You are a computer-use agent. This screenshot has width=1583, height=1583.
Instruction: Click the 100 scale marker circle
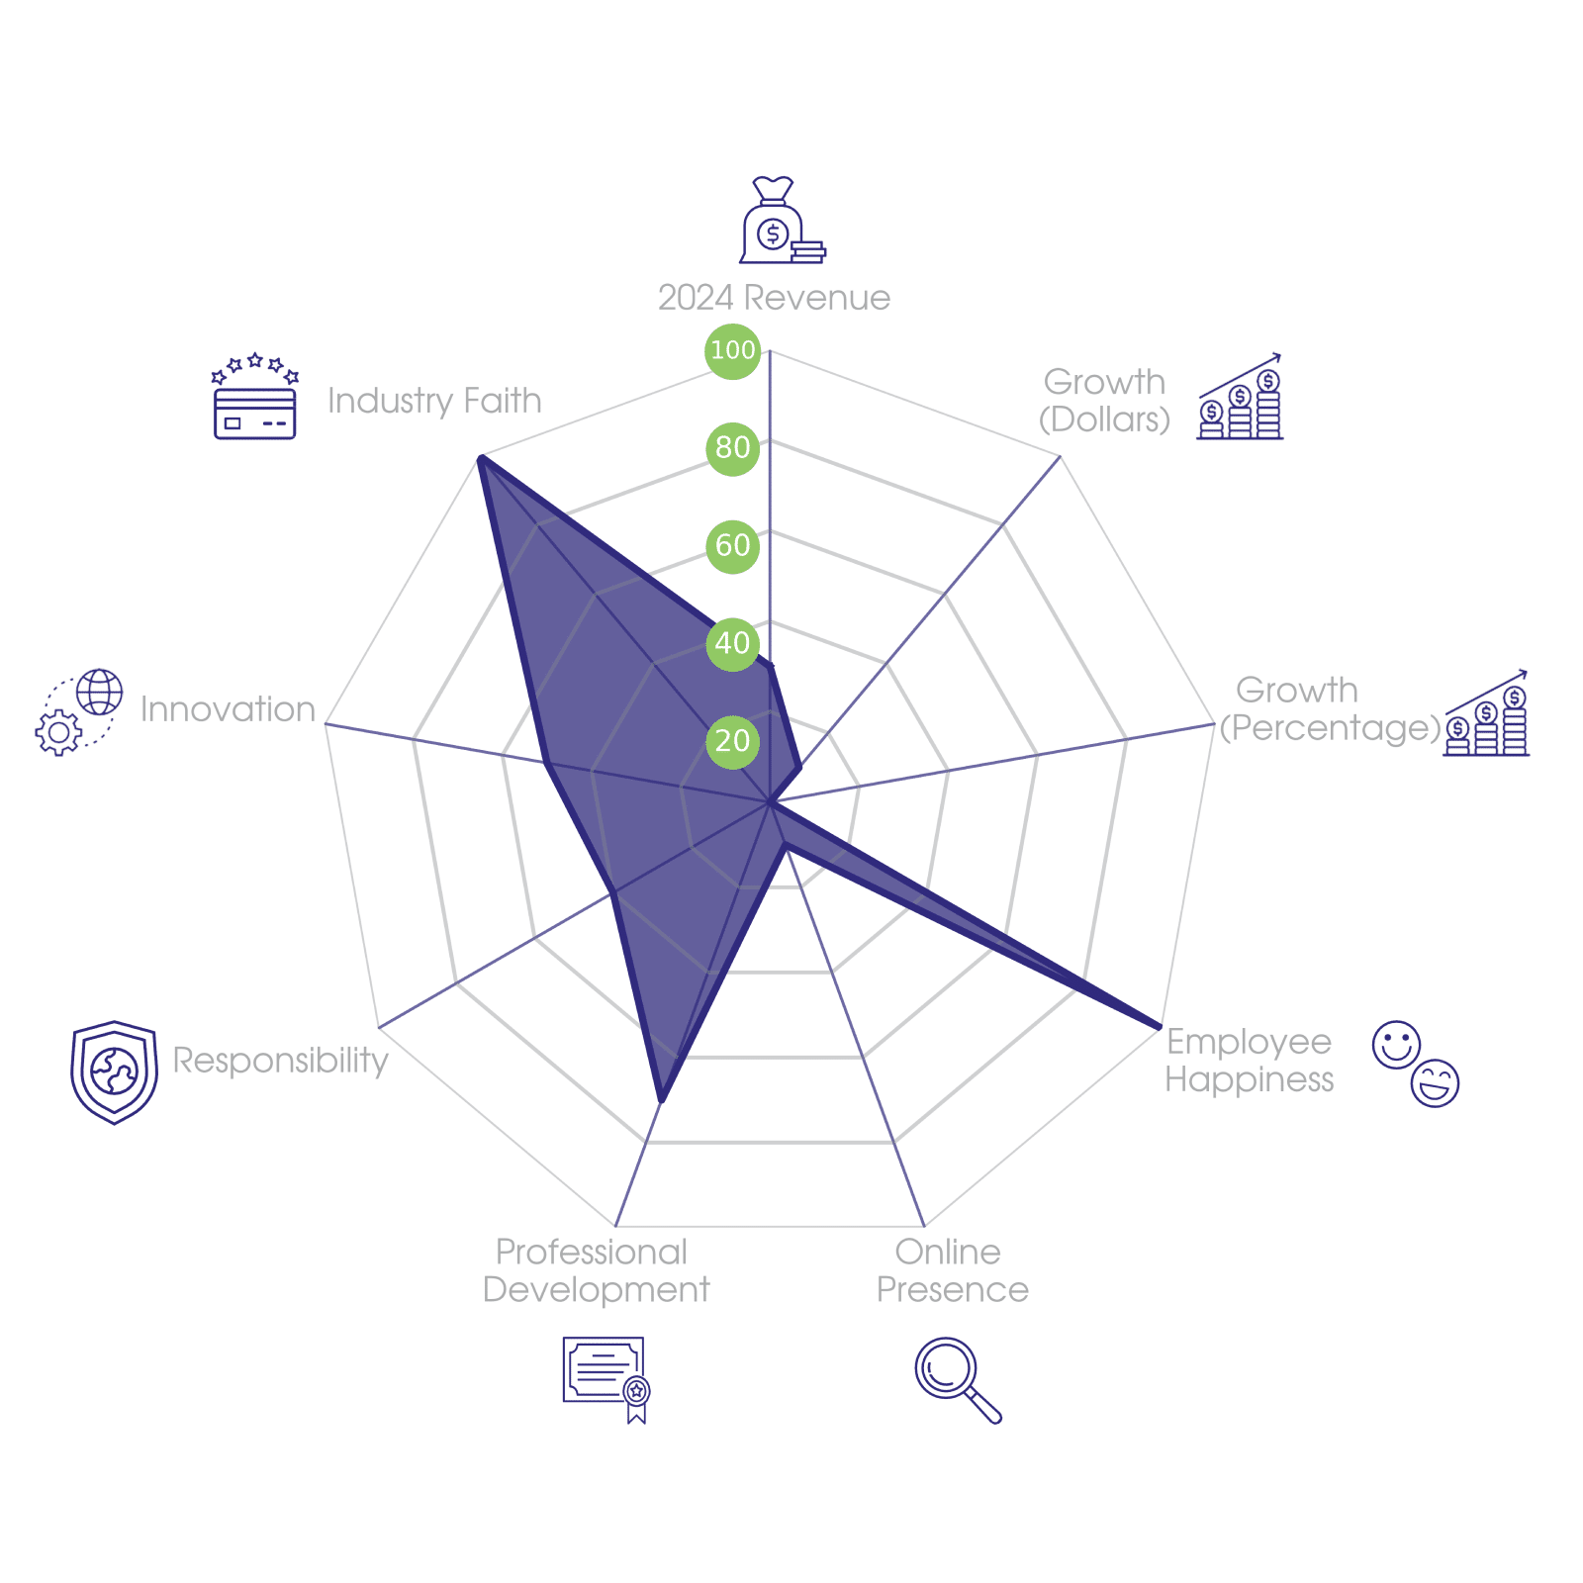[732, 350]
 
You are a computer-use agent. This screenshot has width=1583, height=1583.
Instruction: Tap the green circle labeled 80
[732, 447]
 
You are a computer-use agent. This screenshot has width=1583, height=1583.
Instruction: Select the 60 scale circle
[732, 545]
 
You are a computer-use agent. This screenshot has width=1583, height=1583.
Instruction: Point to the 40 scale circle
[732, 643]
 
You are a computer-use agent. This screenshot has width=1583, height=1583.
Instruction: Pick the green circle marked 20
[732, 741]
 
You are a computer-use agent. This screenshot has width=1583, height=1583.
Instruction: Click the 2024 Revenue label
[774, 298]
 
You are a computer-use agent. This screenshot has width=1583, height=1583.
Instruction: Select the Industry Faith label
[434, 401]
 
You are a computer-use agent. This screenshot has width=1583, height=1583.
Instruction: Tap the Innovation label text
[228, 709]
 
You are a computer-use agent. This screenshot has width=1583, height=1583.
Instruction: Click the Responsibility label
[280, 1060]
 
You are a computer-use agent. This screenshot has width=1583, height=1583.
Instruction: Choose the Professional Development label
[596, 1271]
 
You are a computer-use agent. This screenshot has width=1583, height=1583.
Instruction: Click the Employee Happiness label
[1249, 1060]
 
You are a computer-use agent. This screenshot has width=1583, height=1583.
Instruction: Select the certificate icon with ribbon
[605, 1378]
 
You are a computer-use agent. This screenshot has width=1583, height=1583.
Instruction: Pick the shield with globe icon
[114, 1072]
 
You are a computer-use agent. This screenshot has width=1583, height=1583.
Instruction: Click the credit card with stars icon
[255, 398]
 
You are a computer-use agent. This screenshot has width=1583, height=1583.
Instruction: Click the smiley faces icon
[1416, 1064]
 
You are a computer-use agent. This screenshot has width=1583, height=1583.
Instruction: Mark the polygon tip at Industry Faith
[480, 456]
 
